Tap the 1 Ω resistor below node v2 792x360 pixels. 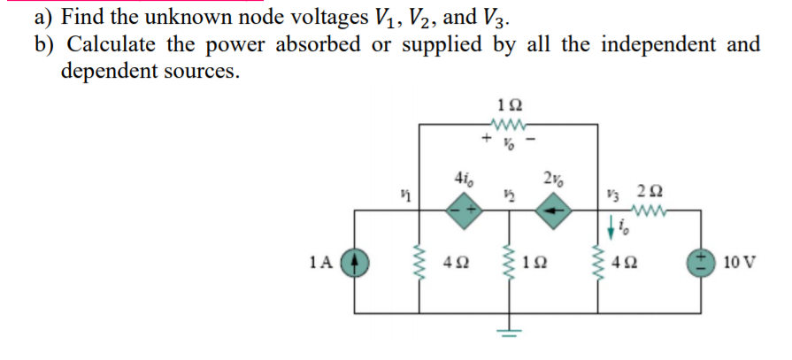point(509,263)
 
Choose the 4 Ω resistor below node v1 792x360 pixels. point(420,263)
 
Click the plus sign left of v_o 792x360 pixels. point(485,140)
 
